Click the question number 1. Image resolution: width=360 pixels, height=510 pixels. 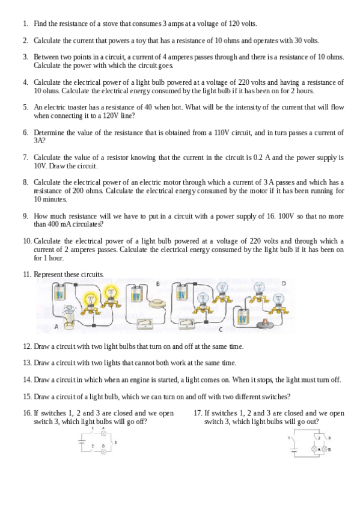[x=25, y=23]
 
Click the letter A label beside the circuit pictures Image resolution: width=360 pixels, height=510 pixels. [x=55, y=327]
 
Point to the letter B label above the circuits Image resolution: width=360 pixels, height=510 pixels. [x=158, y=283]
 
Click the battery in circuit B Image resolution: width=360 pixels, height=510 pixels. [x=138, y=296]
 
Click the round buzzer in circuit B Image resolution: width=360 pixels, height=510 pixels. [x=159, y=303]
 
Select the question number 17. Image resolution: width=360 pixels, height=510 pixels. [x=198, y=413]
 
